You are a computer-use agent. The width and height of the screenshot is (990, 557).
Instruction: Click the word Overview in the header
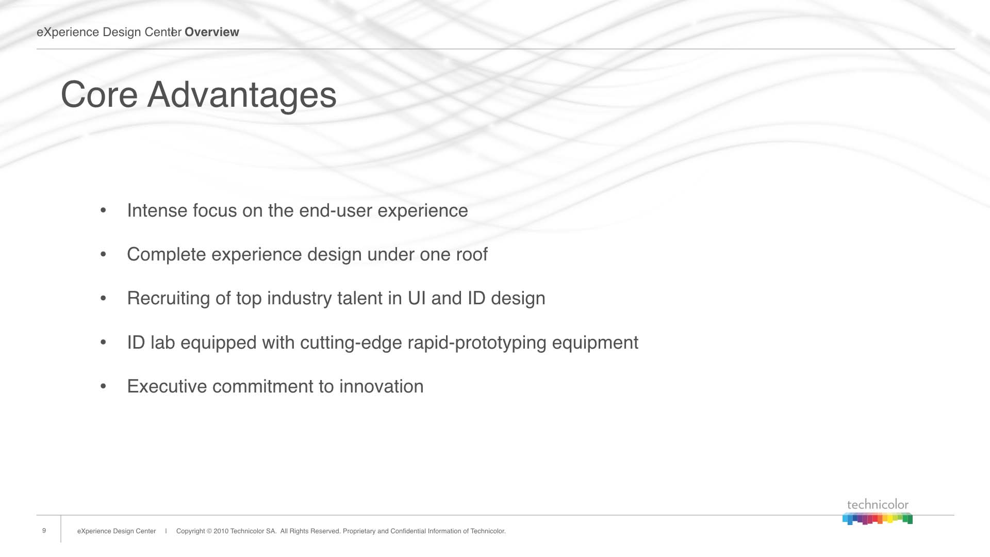click(212, 32)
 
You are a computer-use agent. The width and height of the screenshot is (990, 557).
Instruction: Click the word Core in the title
click(99, 95)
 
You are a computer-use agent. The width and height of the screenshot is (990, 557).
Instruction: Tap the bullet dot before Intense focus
click(103, 210)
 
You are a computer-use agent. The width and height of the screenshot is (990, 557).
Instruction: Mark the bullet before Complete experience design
click(103, 254)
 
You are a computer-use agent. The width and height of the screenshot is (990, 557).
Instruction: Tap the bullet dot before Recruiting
click(103, 298)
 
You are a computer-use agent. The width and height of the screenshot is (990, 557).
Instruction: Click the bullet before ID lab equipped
click(103, 342)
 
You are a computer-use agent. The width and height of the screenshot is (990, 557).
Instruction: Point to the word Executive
click(167, 386)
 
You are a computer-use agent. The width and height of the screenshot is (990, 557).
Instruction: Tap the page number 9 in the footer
click(44, 531)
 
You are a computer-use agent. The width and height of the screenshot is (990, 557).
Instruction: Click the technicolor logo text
click(878, 504)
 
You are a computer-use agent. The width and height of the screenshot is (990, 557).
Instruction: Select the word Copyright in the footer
click(191, 531)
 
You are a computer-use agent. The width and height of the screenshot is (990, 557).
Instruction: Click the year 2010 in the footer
click(221, 531)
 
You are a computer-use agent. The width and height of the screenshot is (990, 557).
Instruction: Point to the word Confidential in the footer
click(409, 531)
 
